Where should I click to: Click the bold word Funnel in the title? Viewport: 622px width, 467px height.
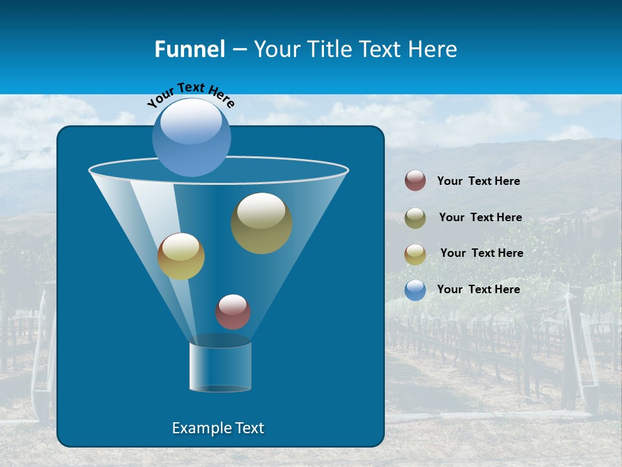click(189, 49)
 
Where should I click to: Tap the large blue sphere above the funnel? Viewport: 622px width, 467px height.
click(192, 138)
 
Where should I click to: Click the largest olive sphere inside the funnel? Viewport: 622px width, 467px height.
click(262, 223)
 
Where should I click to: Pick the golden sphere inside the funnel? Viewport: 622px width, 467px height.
click(181, 256)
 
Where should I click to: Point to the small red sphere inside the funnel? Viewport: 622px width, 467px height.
click(233, 312)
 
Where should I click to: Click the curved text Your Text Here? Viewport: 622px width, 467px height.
click(190, 95)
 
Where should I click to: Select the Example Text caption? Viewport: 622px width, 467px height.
click(218, 428)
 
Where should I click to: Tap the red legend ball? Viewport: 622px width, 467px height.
click(415, 181)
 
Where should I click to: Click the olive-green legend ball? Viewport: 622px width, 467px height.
click(415, 218)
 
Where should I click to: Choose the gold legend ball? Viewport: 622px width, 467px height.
click(415, 254)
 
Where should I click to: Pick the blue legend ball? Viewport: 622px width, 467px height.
click(415, 290)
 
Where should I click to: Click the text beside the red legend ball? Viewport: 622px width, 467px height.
click(478, 182)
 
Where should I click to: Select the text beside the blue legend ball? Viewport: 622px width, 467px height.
click(478, 289)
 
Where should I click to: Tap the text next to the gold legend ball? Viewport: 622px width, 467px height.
click(481, 253)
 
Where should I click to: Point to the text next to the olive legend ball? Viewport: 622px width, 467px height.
click(480, 217)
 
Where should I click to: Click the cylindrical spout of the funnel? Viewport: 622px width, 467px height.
click(220, 366)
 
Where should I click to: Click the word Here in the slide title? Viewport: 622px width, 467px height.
click(434, 49)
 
